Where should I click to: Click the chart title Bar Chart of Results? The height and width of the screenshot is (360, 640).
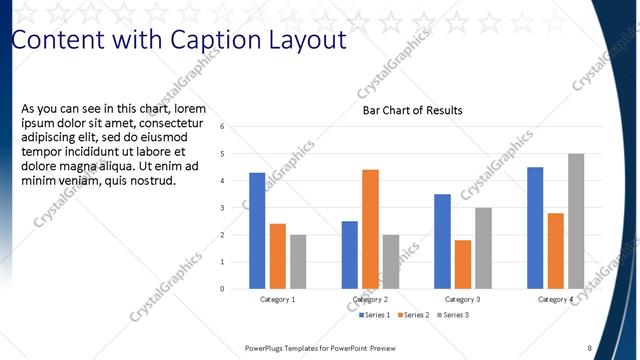[x=412, y=110]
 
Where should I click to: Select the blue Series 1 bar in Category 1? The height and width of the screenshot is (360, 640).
[x=257, y=230]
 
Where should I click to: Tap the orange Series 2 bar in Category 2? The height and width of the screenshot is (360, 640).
[x=370, y=229]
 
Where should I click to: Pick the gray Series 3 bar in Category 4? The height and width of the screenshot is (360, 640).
[x=576, y=221]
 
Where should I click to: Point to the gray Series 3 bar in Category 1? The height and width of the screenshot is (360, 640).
[x=298, y=261]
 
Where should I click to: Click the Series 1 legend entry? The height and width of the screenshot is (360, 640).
[x=376, y=315]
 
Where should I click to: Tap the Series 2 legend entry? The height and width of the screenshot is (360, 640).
[x=412, y=315]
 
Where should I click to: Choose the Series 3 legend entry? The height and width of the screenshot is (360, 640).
[x=450, y=315]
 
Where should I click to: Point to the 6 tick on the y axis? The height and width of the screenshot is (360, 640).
[x=235, y=126]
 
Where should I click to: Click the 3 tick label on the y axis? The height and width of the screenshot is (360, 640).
[x=235, y=208]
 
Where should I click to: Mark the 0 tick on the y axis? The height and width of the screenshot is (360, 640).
[x=235, y=289]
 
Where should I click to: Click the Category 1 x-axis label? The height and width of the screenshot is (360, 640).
[x=278, y=300]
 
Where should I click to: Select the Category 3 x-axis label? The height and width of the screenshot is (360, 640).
[x=462, y=300]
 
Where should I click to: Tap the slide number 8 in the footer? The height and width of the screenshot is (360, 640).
[x=589, y=348]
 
